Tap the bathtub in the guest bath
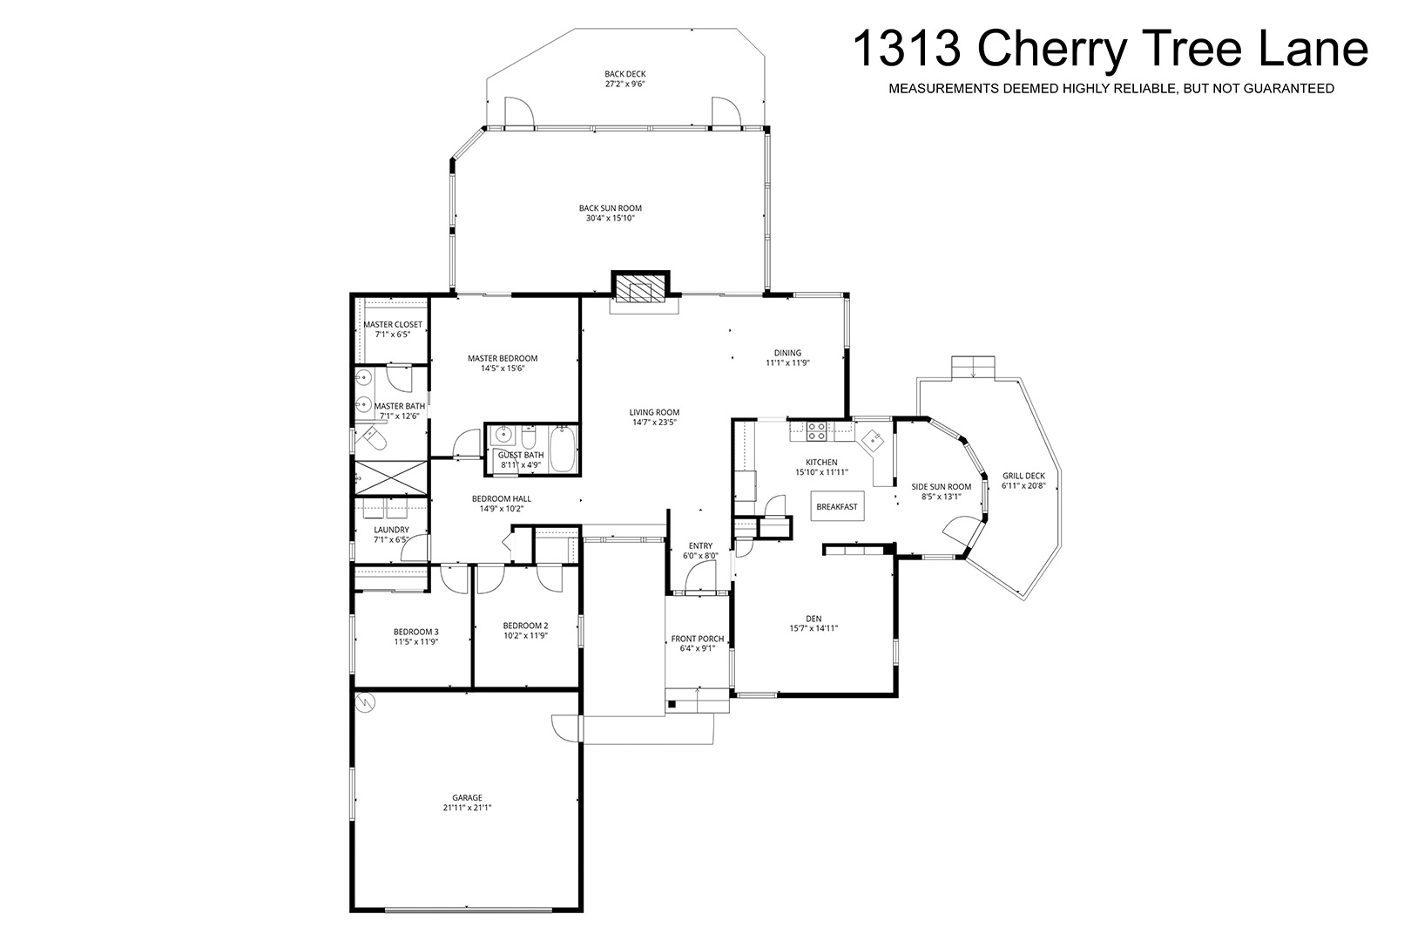pyautogui.click(x=564, y=449)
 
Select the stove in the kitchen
pyautogui.click(x=817, y=431)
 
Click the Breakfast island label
pyautogui.click(x=836, y=507)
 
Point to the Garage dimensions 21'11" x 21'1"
pyautogui.click(x=467, y=808)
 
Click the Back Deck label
pyautogui.click(x=624, y=74)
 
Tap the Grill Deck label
pyautogui.click(x=1023, y=476)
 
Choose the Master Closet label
pyautogui.click(x=393, y=325)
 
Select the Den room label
pyautogui.click(x=814, y=619)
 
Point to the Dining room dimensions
pyautogui.click(x=787, y=363)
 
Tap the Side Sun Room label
pyautogui.click(x=941, y=486)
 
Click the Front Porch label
pyautogui.click(x=698, y=639)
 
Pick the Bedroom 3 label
pyautogui.click(x=415, y=632)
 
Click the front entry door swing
pyautogui.click(x=700, y=578)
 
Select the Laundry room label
pyautogui.click(x=391, y=530)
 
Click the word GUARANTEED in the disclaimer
pyautogui.click(x=1289, y=89)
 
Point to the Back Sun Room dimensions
pyautogui.click(x=611, y=218)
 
